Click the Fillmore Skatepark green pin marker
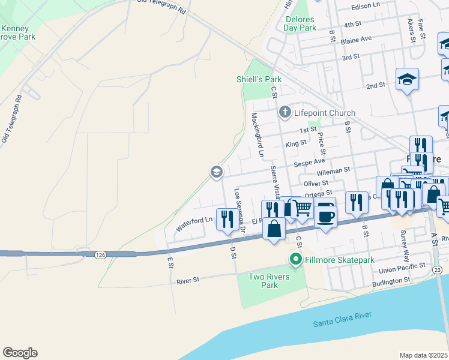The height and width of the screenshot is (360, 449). point(295,260)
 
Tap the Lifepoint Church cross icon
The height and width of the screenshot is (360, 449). point(284,112)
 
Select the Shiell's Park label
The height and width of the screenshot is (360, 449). point(259,79)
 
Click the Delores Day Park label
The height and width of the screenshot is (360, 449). point(300,23)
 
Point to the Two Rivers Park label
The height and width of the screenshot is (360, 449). point(270,281)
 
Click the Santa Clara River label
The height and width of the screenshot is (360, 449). point(343,319)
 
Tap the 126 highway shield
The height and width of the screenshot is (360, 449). point(100,256)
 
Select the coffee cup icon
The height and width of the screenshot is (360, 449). point(325,215)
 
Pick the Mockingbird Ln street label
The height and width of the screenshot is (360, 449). point(258,134)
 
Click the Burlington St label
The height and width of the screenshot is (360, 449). point(390,280)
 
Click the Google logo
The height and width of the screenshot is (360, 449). point(20,353)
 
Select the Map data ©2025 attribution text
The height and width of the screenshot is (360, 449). point(423,355)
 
